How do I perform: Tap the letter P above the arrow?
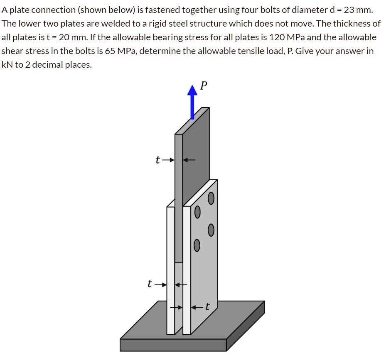pyautogui.click(x=203, y=86)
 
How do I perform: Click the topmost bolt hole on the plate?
pyautogui.click(x=211, y=198)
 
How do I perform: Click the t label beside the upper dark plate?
pyautogui.click(x=157, y=160)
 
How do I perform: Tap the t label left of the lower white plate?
pyautogui.click(x=150, y=284)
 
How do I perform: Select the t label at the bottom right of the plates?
pyautogui.click(x=207, y=307)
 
